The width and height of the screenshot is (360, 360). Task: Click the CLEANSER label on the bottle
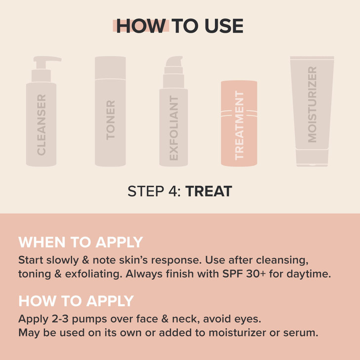point(41,124)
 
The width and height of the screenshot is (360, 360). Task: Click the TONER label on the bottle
point(111,120)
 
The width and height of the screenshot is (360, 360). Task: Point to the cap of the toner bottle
point(111,67)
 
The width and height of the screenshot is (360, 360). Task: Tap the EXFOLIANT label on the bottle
point(173,128)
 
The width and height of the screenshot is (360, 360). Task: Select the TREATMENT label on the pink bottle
point(240,125)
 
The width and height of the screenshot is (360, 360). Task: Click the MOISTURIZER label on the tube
point(312,105)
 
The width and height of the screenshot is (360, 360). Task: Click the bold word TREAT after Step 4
point(208,192)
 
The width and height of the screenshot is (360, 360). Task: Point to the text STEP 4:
point(155,192)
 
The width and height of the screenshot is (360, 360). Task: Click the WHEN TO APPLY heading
point(80,242)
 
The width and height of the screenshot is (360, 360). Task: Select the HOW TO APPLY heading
point(76,301)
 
